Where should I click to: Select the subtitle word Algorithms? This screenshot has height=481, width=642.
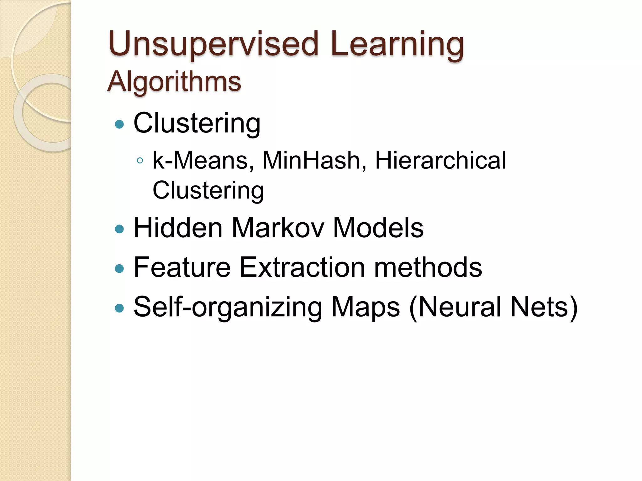click(x=174, y=81)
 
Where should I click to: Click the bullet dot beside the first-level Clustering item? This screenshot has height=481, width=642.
click(x=119, y=125)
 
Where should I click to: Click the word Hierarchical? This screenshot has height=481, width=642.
click(x=440, y=160)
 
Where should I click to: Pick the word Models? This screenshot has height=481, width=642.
click(x=378, y=228)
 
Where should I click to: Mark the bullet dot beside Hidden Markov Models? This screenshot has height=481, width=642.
click(x=119, y=229)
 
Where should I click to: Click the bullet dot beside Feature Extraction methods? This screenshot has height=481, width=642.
click(x=119, y=269)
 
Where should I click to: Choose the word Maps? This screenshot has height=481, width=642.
click(x=366, y=307)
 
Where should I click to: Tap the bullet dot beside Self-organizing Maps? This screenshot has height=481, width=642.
click(x=119, y=308)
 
